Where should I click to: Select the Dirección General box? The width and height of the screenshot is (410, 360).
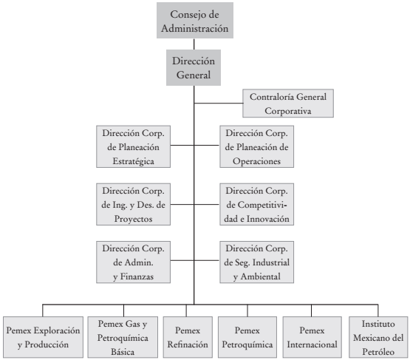click(193, 66)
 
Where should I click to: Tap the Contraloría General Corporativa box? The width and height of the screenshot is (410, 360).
click(287, 103)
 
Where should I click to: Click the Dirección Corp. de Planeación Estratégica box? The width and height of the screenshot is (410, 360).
click(134, 146)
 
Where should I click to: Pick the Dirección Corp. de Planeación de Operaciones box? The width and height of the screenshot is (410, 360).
click(256, 146)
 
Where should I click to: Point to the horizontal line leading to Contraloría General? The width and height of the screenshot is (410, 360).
click(218, 103)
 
